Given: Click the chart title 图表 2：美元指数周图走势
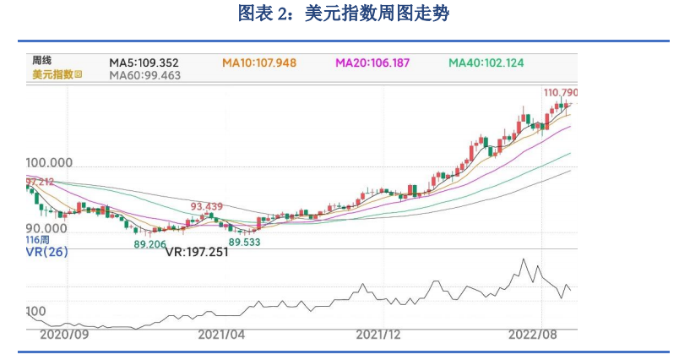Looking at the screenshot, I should (339, 14).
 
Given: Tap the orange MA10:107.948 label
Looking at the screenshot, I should (259, 63).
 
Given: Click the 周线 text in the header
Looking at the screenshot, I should (42, 61).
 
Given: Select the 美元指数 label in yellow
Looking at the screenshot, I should (52, 74).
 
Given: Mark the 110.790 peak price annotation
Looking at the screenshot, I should (562, 91).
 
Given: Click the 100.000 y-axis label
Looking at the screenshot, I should (50, 162).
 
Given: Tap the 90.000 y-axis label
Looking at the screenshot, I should (46, 228).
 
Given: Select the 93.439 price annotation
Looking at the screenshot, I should (207, 207).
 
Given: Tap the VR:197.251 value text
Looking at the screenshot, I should (197, 252).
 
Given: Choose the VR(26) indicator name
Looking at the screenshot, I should (47, 252).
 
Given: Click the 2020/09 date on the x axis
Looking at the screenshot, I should (64, 335).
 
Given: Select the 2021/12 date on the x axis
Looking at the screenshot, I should (378, 335).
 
